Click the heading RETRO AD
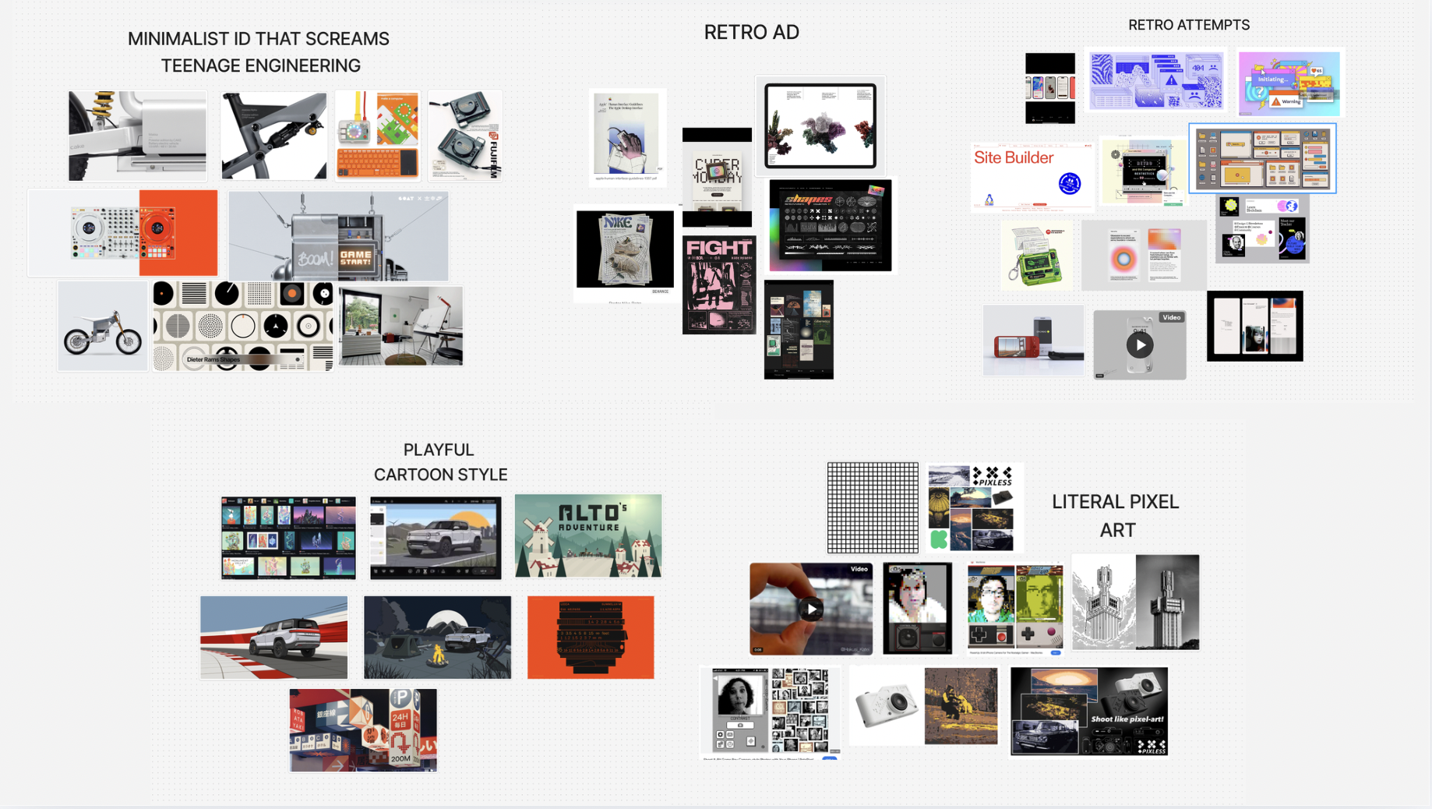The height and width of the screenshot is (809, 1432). [751, 33]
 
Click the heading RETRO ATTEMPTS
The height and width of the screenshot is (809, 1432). [1188, 25]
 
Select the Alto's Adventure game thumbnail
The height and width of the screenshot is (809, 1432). [588, 536]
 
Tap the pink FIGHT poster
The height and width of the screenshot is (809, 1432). [718, 285]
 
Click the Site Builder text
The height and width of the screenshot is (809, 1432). [1014, 157]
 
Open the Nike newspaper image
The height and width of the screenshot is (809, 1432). [625, 249]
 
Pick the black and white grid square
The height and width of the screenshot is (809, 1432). [873, 507]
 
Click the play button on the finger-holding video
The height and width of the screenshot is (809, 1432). [811, 609]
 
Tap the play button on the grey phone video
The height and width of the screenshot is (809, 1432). [1140, 344]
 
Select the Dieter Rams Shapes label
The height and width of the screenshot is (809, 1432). [213, 359]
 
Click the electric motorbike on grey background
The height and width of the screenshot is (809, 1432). [102, 327]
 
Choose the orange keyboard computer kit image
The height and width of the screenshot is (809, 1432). [378, 136]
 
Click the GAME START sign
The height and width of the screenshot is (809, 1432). [356, 258]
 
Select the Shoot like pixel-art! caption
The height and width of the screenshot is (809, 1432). [1127, 719]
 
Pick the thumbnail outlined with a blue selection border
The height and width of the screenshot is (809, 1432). [1262, 158]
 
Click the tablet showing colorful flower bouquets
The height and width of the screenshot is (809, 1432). [820, 126]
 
